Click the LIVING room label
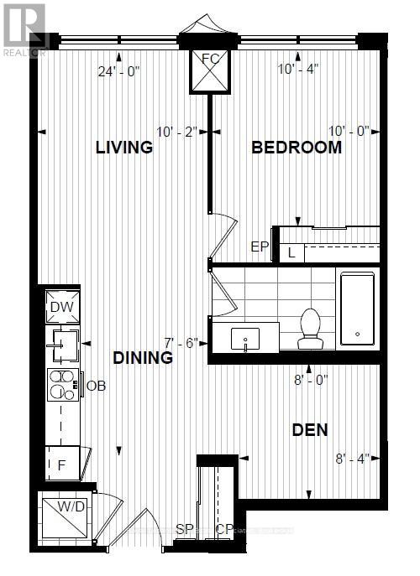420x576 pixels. click(123, 148)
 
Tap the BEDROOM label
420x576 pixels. click(297, 148)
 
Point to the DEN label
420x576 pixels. click(309, 430)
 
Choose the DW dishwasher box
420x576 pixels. click(61, 307)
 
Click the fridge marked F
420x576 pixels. click(62, 462)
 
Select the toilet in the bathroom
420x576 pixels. click(311, 328)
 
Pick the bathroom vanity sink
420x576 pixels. click(244, 339)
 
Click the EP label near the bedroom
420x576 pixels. click(259, 246)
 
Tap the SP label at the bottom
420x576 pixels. click(185, 529)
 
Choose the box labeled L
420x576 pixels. click(291, 252)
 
